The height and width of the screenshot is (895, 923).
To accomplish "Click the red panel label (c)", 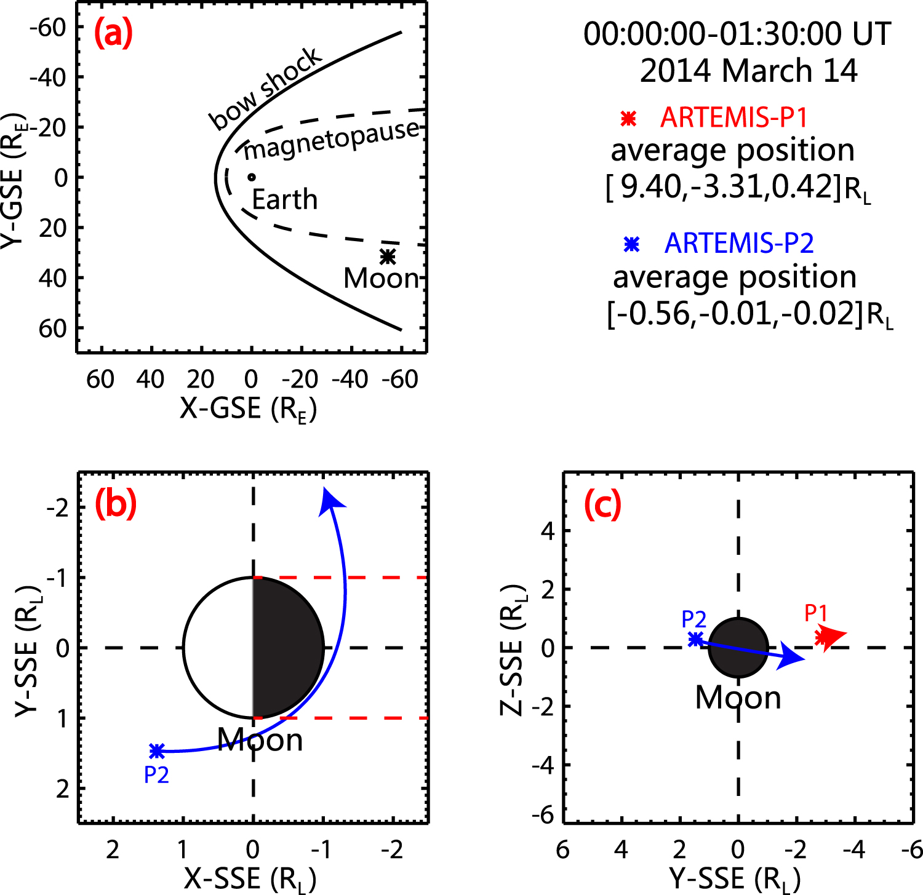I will click(602, 505).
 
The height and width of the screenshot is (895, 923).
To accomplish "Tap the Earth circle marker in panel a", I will click(252, 177).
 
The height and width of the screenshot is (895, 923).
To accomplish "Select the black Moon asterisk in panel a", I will click(387, 256).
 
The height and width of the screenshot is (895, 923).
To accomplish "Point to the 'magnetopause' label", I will click(332, 141).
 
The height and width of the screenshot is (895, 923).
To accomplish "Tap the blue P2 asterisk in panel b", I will click(157, 750).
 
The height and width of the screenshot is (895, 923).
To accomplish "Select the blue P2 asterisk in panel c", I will click(695, 639).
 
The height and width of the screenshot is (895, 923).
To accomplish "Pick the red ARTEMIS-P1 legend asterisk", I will click(628, 118).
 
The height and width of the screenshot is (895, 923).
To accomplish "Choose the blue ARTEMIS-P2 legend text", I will click(739, 244).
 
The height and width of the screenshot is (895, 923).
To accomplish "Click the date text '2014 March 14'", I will click(748, 71).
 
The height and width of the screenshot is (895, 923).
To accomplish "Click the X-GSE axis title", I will click(248, 408).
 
